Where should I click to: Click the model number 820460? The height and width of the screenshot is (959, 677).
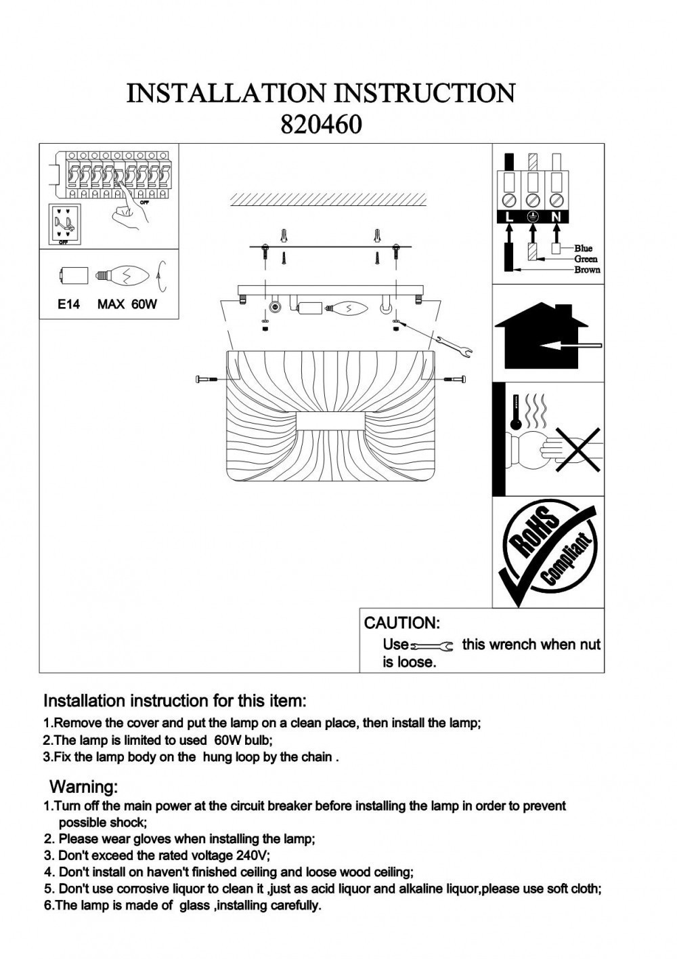pyautogui.click(x=321, y=124)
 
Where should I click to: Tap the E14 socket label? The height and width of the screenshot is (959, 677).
pyautogui.click(x=68, y=304)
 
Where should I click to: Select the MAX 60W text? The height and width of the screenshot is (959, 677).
pyautogui.click(x=127, y=304)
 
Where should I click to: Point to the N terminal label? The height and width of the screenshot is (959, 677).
pyautogui.click(x=556, y=217)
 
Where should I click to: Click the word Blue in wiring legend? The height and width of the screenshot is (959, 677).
pyautogui.click(x=583, y=249)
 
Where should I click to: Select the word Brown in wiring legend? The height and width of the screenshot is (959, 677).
pyautogui.click(x=587, y=270)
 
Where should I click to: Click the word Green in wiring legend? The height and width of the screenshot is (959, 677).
pyautogui.click(x=586, y=259)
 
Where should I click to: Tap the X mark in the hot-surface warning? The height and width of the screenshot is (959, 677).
pyautogui.click(x=577, y=450)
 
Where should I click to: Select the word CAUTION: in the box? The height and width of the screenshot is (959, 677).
pyautogui.click(x=402, y=623)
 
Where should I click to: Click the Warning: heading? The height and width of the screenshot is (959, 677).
pyautogui.click(x=84, y=787)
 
